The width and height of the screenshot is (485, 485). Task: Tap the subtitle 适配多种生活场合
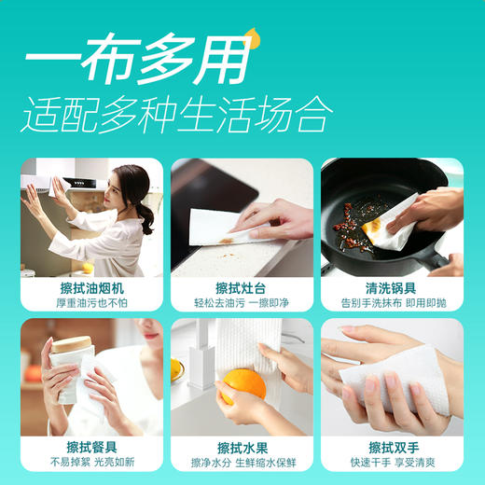point(176,115)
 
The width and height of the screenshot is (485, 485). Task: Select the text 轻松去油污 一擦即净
point(242,302)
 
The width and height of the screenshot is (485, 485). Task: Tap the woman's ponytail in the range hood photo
point(147,216)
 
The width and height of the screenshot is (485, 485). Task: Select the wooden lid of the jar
point(71,344)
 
